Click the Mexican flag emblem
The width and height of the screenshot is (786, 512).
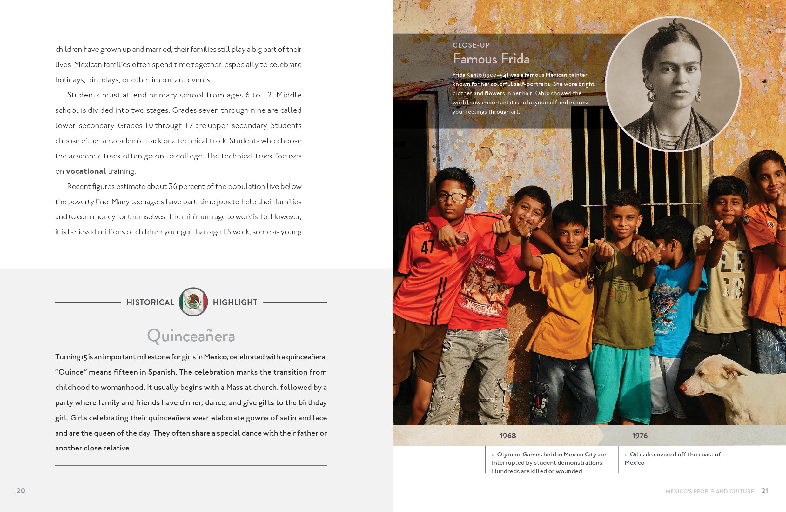(193, 302)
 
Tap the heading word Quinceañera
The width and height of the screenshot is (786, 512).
(191, 336)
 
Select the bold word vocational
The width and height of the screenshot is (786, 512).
(86, 171)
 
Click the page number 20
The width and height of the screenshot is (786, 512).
(21, 490)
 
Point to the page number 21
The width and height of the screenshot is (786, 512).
(764, 490)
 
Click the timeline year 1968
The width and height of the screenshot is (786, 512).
(507, 436)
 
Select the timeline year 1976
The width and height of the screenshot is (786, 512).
(640, 436)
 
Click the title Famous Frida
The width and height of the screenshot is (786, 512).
(491, 59)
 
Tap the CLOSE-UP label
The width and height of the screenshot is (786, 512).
(471, 45)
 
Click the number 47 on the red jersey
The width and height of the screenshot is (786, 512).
(427, 247)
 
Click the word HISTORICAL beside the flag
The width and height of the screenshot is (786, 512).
(150, 302)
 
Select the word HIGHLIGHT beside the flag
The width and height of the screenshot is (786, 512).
(235, 302)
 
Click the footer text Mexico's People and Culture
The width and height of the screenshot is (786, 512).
(709, 491)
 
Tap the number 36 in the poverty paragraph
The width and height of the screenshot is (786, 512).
(173, 186)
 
